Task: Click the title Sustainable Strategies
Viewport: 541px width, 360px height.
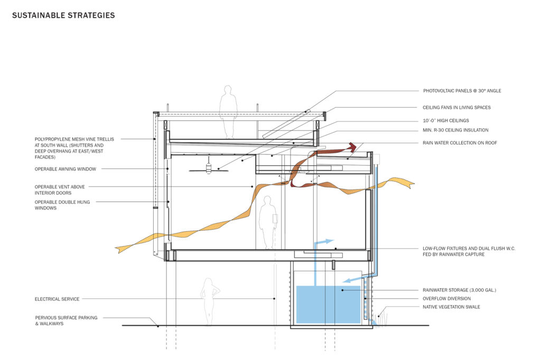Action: [63, 15]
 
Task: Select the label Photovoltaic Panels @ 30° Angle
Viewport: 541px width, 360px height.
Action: [462, 91]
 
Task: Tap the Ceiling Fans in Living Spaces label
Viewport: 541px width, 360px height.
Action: [456, 108]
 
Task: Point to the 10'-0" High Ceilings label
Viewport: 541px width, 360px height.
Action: [446, 121]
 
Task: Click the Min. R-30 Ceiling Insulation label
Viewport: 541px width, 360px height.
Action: [455, 130]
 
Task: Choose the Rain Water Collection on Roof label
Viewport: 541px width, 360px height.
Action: [460, 143]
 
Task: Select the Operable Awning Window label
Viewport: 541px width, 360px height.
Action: [66, 169]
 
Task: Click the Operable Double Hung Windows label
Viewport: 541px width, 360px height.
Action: [62, 205]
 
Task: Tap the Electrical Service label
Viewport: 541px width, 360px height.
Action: [57, 299]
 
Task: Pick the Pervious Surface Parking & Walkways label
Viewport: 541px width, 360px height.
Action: [66, 321]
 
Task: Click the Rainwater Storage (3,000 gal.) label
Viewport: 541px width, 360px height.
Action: [459, 290]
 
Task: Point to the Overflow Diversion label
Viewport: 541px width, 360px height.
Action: [446, 299]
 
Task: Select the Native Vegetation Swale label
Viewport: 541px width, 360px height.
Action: [451, 307]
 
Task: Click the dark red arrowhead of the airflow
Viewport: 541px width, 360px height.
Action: [352, 147]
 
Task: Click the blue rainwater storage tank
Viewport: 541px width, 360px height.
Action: [329, 305]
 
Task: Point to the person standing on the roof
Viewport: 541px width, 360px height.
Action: [228, 112]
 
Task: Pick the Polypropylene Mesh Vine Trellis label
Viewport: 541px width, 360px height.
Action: [74, 148]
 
